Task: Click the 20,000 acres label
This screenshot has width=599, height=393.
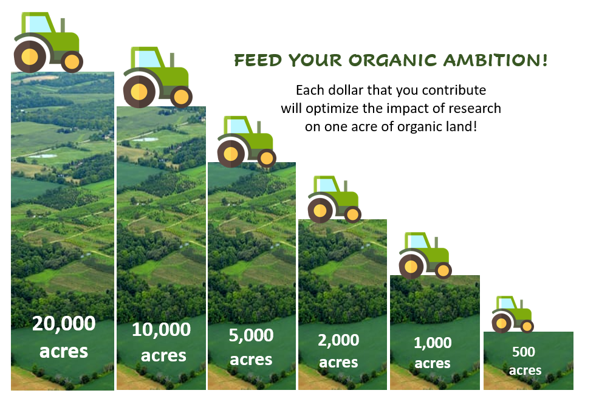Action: pos(64,337)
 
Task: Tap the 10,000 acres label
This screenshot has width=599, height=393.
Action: pos(161,342)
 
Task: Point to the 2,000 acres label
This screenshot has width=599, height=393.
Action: pos(338,351)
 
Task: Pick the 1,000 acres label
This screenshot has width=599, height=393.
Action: pos(433,353)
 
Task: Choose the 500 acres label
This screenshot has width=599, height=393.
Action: pos(525,361)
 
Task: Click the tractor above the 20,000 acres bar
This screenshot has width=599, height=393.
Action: pos(49,42)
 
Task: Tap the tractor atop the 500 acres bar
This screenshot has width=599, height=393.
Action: pos(512,314)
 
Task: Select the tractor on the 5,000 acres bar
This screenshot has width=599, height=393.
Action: pos(247,142)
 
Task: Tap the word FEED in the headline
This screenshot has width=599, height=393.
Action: pos(258,61)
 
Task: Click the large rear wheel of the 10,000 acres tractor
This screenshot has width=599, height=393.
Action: pos(139,92)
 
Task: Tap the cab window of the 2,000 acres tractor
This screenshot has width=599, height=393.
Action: pos(327,185)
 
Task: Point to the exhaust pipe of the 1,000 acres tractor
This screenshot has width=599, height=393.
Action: pos(436,242)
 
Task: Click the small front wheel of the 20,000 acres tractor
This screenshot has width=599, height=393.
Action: pos(72,61)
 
